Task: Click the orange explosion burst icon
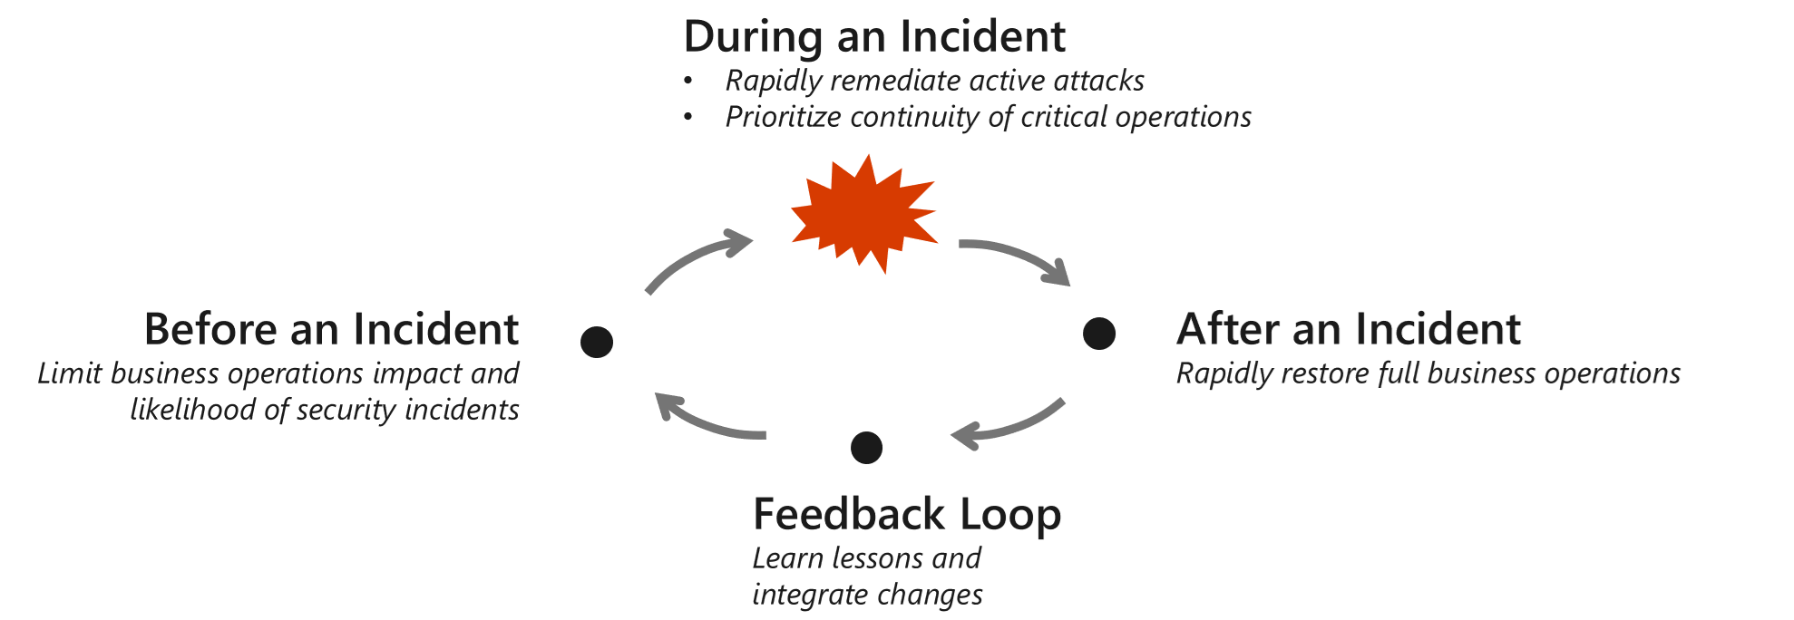[863, 215]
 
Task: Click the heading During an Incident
[874, 36]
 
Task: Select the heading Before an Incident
[331, 329]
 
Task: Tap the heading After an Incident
[1349, 329]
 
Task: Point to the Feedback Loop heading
[907, 515]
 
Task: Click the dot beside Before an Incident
[597, 342]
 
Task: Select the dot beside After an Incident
[1099, 334]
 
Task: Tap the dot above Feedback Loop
[867, 447]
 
